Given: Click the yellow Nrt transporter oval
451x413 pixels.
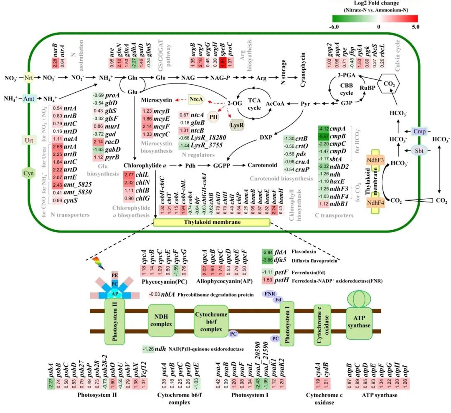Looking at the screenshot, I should coord(29,78).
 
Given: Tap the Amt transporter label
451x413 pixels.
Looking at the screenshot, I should coord(29,99).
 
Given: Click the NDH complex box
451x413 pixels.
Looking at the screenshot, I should coord(160,320).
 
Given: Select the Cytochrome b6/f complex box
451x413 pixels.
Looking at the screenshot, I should coord(210,320).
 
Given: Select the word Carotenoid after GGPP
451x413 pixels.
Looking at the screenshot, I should coord(262,165).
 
